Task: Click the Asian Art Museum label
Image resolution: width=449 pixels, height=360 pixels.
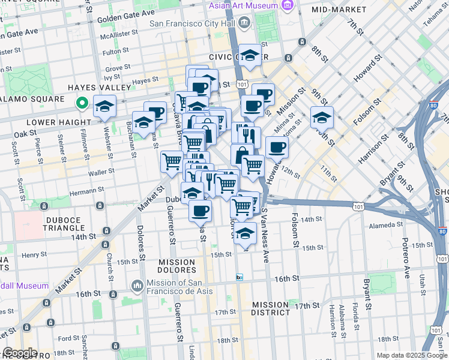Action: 243,5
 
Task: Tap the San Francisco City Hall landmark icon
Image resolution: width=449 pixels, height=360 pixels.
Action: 244,23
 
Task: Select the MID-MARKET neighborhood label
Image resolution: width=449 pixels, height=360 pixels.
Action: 339,10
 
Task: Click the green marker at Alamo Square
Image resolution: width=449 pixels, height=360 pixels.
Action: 83,104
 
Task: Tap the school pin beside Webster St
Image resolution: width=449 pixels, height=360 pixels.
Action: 105,106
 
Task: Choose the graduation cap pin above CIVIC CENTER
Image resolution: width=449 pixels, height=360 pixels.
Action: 250,55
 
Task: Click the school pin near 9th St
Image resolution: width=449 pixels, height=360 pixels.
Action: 322,118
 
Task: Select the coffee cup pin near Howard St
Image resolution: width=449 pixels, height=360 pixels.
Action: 277,147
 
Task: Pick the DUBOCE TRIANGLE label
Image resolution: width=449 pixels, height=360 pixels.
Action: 63,224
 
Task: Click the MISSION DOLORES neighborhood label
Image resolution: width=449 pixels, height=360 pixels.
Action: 176,267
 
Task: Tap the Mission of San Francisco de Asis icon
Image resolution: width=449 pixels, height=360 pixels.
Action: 137,284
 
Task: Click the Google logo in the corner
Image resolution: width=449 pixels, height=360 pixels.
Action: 20,353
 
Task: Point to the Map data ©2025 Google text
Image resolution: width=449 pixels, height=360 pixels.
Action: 411,355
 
